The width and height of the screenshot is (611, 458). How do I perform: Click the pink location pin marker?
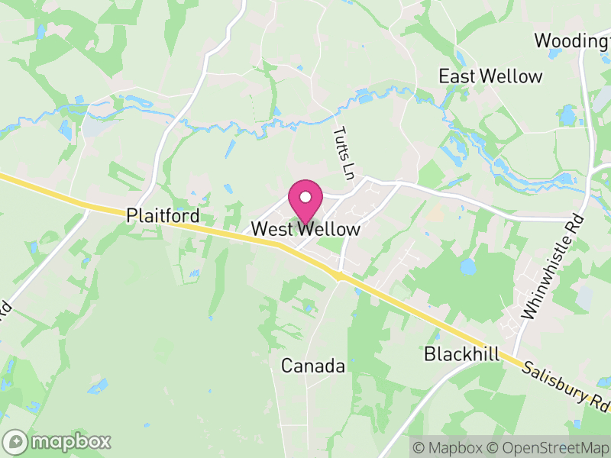pos(305,202)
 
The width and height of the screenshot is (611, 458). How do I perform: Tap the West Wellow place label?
pos(305,229)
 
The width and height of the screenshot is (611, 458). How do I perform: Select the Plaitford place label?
pos(163,216)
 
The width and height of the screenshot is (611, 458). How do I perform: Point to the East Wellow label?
pos(490,76)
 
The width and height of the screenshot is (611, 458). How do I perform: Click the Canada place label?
pos(313,366)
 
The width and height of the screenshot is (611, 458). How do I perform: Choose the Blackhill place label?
pos(461,355)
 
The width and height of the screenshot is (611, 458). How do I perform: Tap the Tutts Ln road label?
pos(345,153)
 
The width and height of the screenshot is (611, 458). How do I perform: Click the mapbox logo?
pos(58,441)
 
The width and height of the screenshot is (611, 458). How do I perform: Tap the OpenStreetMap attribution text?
pos(549,447)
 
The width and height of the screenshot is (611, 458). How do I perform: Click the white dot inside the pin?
pos(305,197)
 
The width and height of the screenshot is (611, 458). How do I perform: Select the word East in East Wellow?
pos(455,76)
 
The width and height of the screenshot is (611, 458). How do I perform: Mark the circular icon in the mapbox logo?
pos(15,441)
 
